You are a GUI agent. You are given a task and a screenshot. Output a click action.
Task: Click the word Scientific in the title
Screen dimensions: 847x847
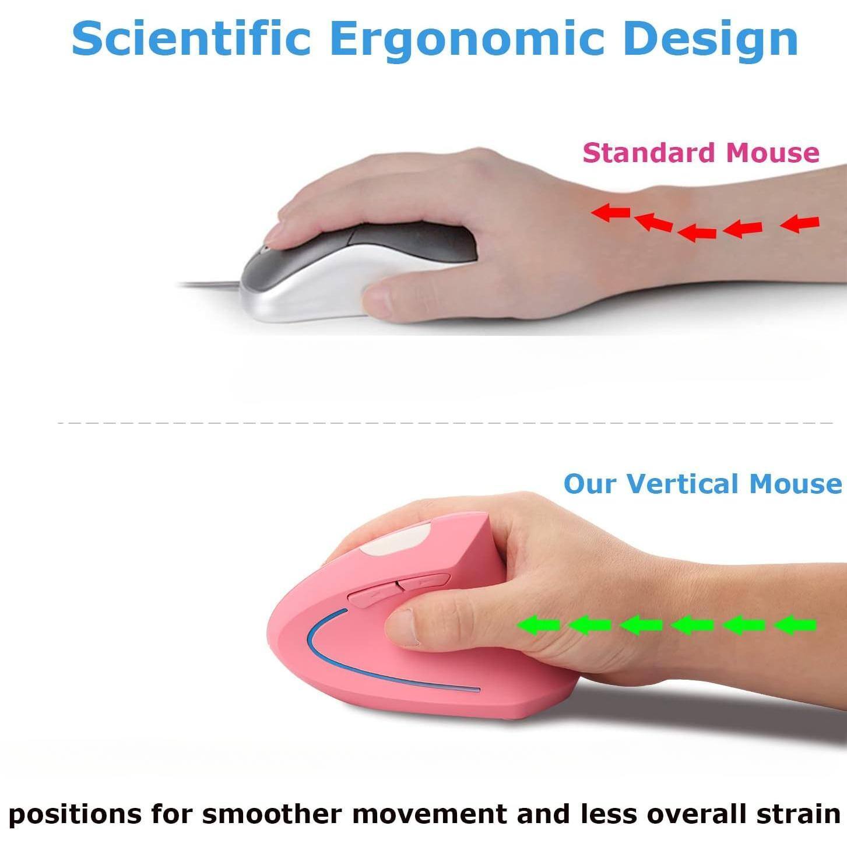(x=191, y=38)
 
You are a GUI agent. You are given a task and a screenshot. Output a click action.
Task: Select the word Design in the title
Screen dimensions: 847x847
(x=710, y=38)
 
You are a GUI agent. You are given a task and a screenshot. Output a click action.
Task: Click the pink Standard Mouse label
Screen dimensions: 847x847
(x=701, y=153)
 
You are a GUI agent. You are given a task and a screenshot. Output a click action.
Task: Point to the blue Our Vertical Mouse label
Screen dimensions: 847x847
(x=702, y=484)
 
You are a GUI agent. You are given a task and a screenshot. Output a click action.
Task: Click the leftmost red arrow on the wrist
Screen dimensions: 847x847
(x=610, y=213)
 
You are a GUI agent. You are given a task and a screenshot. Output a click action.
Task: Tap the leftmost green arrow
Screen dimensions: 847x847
(x=538, y=625)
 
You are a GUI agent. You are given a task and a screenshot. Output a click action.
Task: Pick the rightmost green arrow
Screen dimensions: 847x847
(x=795, y=625)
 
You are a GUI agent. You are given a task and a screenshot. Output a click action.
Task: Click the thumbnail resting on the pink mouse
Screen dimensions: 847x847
(x=402, y=627)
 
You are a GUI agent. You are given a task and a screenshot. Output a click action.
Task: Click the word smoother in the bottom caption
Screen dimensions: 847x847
(x=273, y=813)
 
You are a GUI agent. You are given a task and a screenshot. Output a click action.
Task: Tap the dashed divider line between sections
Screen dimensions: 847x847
(x=443, y=423)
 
